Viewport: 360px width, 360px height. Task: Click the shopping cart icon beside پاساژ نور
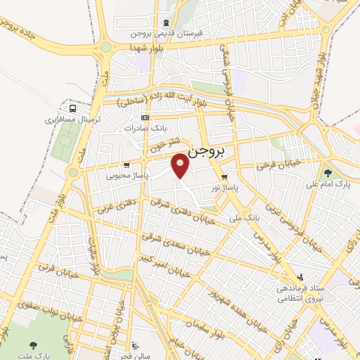(224, 177)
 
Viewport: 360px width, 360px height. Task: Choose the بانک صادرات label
(143, 129)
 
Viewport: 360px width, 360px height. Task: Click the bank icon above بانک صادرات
(145, 117)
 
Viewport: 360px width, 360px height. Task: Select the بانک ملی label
(248, 219)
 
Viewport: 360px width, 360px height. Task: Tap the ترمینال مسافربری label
(73, 120)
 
